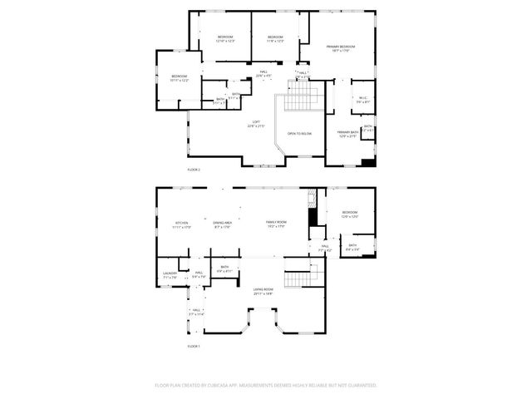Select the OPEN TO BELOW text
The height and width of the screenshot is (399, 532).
[x=299, y=133]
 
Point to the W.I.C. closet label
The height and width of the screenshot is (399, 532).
[x=361, y=100]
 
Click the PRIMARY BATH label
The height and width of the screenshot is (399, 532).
[x=347, y=134]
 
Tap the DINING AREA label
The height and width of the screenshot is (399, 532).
[x=223, y=224]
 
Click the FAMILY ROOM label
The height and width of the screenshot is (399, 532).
[x=276, y=224]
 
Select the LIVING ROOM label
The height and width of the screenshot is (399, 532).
[x=264, y=290]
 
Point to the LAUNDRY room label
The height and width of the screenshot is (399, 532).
[x=170, y=275]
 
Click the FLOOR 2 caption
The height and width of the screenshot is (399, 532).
[x=194, y=169]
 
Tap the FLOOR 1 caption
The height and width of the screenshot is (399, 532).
[x=194, y=345]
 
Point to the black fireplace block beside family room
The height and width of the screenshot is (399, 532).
[x=313, y=214]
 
